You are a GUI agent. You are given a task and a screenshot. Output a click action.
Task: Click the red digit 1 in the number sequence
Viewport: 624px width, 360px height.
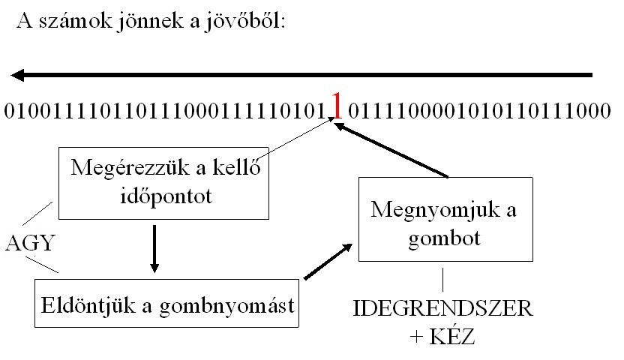point(337,108)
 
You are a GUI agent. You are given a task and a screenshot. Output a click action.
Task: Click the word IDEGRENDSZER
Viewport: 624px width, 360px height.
point(442,309)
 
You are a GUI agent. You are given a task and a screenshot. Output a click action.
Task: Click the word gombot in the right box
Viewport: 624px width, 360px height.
point(447,239)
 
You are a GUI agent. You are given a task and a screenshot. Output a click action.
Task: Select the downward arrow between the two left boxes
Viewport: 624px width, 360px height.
point(154,247)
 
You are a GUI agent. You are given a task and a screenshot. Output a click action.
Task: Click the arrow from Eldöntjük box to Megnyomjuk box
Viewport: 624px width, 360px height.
point(327,261)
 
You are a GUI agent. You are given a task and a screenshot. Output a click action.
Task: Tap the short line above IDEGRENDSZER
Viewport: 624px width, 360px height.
point(442,280)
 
